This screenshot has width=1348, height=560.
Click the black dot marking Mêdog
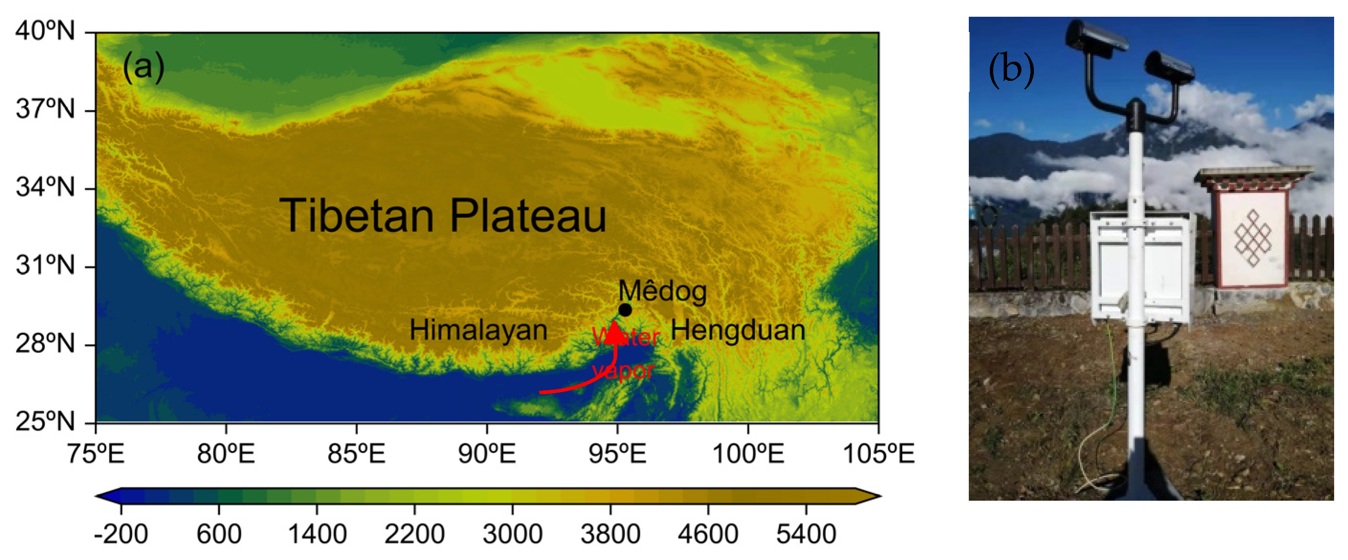[625, 310]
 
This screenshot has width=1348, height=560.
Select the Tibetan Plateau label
[443, 215]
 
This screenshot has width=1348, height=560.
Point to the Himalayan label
[478, 330]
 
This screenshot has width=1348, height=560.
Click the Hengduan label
[738, 330]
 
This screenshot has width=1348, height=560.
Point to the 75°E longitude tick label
[96, 453]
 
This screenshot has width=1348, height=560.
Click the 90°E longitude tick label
[487, 453]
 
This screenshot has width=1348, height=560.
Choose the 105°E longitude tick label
[878, 453]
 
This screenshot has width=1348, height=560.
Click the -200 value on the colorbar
[121, 534]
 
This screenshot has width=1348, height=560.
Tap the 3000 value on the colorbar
[512, 534]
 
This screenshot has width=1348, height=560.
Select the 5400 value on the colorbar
[806, 534]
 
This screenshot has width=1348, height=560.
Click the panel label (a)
[143, 67]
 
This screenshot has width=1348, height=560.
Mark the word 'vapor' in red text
[623, 371]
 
